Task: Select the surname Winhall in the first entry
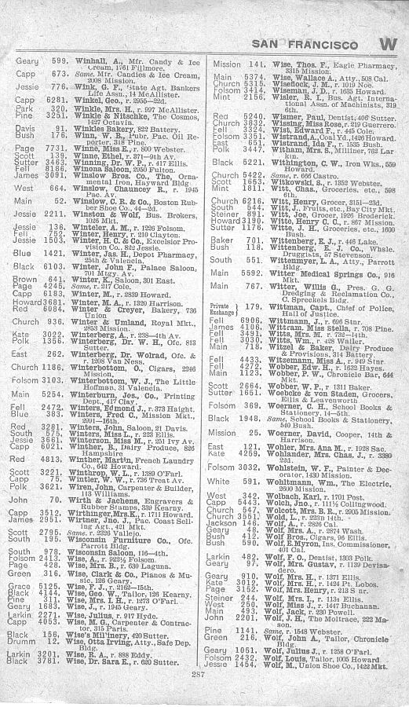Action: [x=88, y=61]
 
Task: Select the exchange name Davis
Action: [x=23, y=127]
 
